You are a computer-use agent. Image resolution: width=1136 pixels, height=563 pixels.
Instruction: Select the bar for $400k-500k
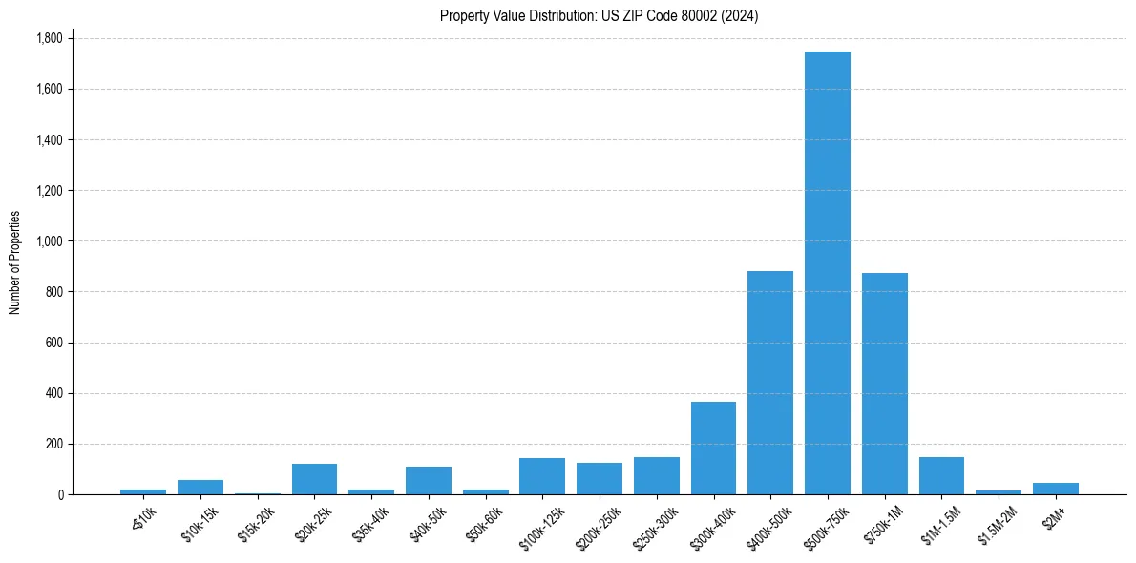[770, 383]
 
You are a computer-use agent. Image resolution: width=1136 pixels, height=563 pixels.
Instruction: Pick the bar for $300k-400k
[713, 448]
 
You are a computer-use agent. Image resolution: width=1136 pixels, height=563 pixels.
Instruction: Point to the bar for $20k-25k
[314, 479]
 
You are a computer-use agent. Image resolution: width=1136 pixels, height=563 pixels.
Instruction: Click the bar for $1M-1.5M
[941, 476]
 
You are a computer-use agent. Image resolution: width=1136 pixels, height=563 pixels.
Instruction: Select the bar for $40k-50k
[429, 481]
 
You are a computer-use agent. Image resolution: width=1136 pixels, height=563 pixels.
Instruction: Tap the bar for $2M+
[1056, 489]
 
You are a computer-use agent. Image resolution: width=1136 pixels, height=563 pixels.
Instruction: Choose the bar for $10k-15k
[200, 488]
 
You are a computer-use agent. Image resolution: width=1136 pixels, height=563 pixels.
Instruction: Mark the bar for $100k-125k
[542, 476]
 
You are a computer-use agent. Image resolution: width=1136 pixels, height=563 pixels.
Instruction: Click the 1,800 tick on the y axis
[49, 38]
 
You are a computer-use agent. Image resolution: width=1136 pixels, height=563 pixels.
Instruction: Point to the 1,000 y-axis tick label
[49, 241]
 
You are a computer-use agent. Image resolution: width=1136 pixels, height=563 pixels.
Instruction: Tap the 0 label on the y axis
[61, 494]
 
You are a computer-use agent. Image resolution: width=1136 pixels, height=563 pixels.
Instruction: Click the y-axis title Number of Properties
[15, 262]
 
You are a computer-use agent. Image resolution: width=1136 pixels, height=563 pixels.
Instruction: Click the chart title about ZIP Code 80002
[599, 15]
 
